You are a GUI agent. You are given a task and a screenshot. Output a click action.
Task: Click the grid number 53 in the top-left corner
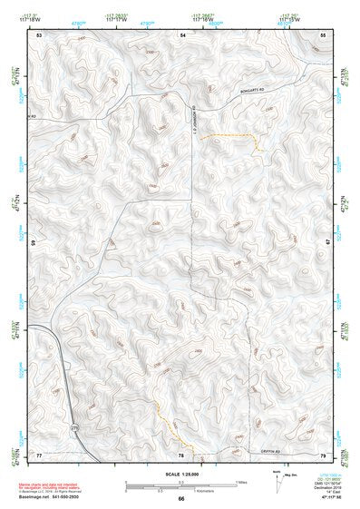click(x=39, y=34)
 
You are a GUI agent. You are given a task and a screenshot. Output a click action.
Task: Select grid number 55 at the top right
click(x=324, y=34)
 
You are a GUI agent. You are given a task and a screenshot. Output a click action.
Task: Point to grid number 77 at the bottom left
click(x=39, y=454)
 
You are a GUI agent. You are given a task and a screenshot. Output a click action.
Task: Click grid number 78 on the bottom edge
click(x=181, y=454)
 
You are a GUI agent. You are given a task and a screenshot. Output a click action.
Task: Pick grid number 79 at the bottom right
click(x=324, y=454)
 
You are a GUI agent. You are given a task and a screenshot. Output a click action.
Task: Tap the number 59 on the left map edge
click(x=34, y=243)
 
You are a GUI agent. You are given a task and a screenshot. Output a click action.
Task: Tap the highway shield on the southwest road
click(x=74, y=427)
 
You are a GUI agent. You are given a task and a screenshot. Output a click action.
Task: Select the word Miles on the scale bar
click(x=240, y=483)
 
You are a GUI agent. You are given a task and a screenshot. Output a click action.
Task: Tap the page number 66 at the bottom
click(x=181, y=499)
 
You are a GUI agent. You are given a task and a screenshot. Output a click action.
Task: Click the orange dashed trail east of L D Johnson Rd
click(x=231, y=137)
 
